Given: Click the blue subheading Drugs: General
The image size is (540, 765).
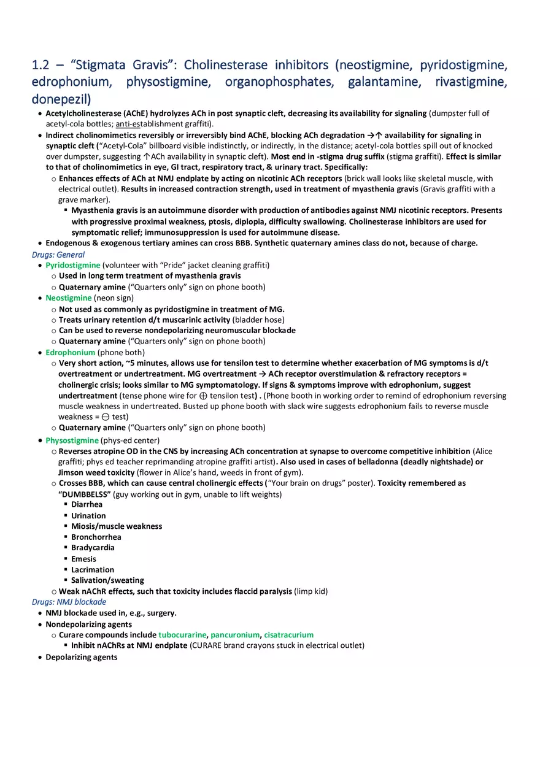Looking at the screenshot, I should [x=58, y=255].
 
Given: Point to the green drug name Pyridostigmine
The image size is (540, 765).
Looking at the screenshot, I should [x=72, y=265].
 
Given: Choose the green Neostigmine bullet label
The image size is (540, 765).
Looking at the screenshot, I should [x=68, y=298].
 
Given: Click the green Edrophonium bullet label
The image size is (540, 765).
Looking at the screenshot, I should [x=71, y=353].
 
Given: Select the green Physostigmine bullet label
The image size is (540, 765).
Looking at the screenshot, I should [x=72, y=440].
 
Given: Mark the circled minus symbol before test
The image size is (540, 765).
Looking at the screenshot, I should [x=106, y=417].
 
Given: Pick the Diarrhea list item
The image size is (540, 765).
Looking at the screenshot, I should [x=87, y=504].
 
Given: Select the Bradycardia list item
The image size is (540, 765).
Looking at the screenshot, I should [x=93, y=548].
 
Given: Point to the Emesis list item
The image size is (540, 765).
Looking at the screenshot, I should [x=83, y=559].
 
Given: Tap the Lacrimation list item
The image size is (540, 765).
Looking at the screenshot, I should [x=92, y=570].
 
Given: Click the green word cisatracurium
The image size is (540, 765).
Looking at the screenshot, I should [x=288, y=635].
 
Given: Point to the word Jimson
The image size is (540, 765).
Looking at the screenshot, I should [x=71, y=472].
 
